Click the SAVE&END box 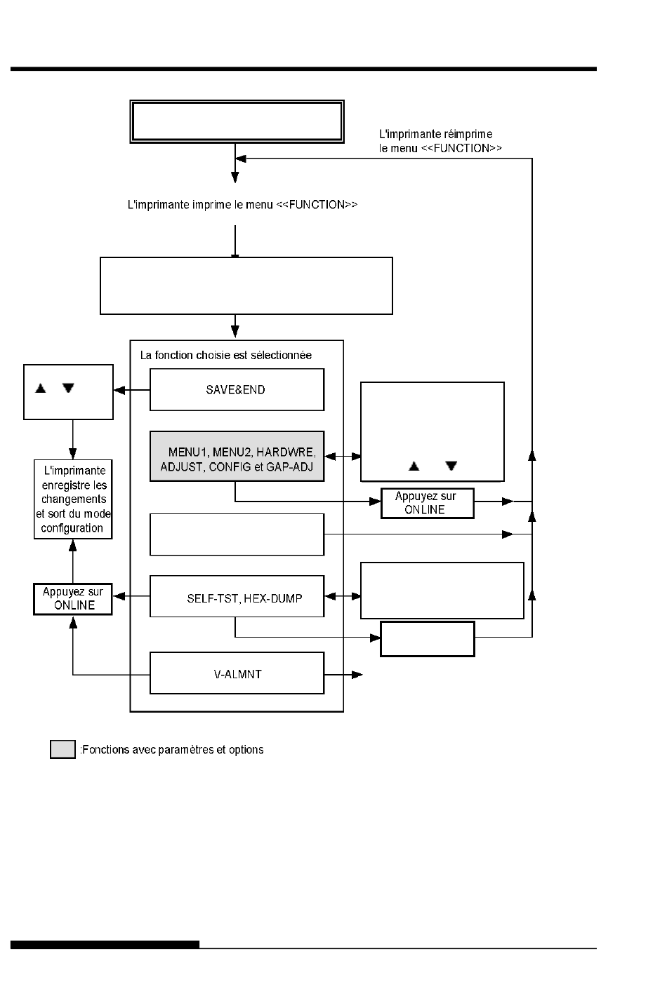(x=237, y=389)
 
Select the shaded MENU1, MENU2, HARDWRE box (x=237, y=456)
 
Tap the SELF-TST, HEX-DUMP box (x=237, y=596)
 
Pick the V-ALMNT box (x=237, y=673)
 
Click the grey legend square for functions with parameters (x=62, y=749)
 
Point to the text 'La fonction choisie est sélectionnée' (x=225, y=356)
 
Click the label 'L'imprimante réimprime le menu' (x=440, y=141)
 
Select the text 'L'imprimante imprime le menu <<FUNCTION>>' (x=242, y=205)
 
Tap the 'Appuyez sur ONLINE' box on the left (x=73, y=599)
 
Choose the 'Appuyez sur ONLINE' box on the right (x=427, y=503)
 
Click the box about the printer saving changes (x=73, y=499)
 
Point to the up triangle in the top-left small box (x=41, y=388)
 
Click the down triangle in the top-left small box (x=68, y=388)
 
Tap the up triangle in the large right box (x=414, y=466)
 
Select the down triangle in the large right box (x=451, y=466)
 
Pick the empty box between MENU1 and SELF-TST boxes (x=237, y=534)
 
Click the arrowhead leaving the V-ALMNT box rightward (x=357, y=675)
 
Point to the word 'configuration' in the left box (x=72, y=528)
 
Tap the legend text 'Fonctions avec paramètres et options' (x=172, y=750)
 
